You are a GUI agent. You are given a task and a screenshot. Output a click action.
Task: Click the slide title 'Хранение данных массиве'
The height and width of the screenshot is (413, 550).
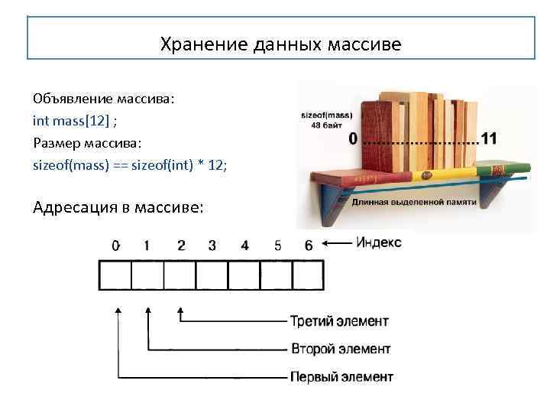click(280, 45)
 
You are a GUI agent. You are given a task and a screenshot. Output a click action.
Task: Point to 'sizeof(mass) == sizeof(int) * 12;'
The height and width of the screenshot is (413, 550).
click(131, 164)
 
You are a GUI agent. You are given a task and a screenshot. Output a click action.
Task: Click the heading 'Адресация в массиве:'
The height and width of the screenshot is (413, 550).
click(118, 207)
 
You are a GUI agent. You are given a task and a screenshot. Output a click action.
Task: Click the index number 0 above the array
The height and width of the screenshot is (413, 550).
click(115, 246)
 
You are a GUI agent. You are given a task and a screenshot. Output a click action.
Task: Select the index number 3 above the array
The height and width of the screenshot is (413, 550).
click(212, 246)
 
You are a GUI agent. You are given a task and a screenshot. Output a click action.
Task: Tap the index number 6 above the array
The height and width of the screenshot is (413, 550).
click(308, 246)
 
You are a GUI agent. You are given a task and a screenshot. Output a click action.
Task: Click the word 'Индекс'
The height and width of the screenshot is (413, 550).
click(378, 243)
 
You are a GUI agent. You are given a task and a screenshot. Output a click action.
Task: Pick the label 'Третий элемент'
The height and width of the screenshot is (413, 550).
click(339, 320)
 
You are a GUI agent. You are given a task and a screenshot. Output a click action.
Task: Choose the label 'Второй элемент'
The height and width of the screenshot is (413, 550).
click(341, 349)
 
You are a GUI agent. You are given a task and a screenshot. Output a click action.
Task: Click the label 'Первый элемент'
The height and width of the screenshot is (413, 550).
click(341, 377)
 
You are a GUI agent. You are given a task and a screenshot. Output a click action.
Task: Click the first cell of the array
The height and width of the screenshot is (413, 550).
click(115, 275)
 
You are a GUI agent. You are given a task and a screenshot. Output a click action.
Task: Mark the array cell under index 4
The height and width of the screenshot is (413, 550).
click(244, 275)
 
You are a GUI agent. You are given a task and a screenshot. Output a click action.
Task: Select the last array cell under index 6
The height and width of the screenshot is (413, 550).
click(309, 275)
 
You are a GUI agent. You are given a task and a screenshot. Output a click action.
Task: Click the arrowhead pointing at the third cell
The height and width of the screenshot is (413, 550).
click(180, 312)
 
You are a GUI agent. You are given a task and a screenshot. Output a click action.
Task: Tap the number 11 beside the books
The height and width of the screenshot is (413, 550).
click(489, 138)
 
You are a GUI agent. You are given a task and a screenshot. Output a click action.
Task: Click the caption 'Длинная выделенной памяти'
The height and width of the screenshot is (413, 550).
click(414, 202)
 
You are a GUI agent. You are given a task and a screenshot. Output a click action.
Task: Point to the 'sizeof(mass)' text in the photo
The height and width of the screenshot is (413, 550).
click(327, 115)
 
